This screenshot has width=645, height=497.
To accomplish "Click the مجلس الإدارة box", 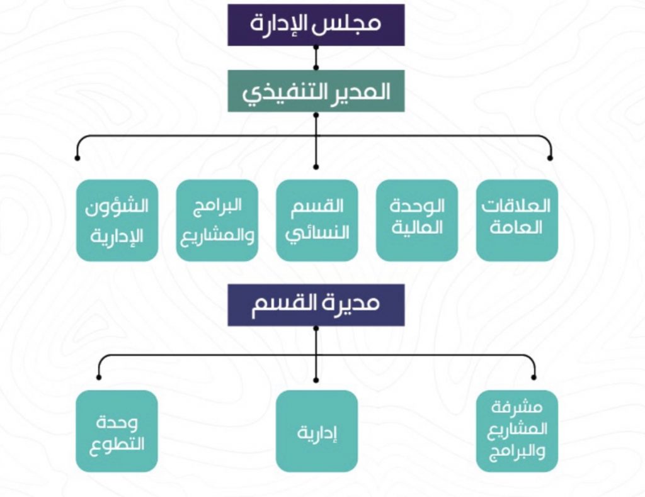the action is pos(316,25).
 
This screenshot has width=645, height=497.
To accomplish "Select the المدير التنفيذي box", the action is pos(316,91).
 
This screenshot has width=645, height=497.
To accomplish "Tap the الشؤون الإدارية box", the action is pos(117,220).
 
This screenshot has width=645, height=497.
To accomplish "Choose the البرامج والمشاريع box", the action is pos(217,220).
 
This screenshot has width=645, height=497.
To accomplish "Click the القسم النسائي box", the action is pos(317,220).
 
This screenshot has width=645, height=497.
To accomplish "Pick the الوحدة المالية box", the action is pos(417,220).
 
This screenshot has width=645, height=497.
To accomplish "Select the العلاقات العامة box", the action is pos(517,220).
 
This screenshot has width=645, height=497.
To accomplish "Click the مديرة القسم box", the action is pos(316,304).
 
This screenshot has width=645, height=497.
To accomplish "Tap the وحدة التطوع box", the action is pos(117,431).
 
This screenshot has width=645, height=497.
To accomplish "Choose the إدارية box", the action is pos(317,431).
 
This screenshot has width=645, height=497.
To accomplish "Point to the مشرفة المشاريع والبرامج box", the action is pos(517,431).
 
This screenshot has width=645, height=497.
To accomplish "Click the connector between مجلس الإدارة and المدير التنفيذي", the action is pos(316,57).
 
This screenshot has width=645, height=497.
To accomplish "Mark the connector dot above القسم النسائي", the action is pos(316,167).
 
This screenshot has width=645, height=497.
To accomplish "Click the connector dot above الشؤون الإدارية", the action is pos(77,158).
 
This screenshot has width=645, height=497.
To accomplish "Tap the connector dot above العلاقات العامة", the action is pos(551,158).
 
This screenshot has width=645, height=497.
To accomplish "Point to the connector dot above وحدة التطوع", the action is pos(99,377).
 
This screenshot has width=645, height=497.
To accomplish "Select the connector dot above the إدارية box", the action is pos(316,380).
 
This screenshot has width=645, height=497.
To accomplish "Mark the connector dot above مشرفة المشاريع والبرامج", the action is pos(534,377).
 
